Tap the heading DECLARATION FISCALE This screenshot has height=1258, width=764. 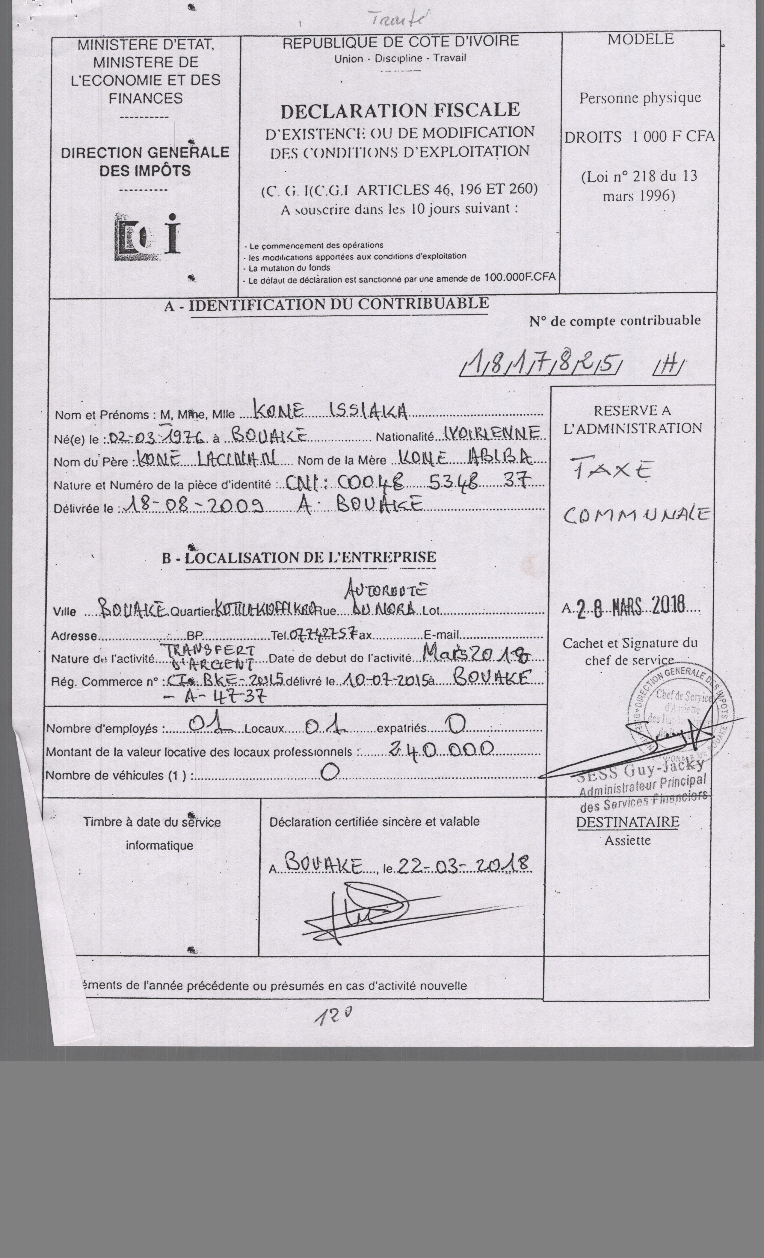[400, 110]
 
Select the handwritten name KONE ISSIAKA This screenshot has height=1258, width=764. [330, 412]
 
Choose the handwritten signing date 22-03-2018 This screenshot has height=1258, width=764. [463, 865]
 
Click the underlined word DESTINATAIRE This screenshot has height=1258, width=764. [628, 822]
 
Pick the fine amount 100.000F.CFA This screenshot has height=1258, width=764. [519, 278]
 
